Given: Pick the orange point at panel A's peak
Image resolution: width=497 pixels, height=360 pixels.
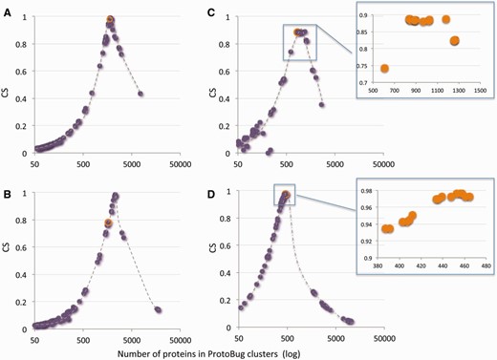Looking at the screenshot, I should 110,19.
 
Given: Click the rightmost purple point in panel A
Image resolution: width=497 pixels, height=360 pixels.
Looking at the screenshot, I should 140,94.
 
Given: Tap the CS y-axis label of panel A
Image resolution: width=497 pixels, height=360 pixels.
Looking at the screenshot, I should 9,85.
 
